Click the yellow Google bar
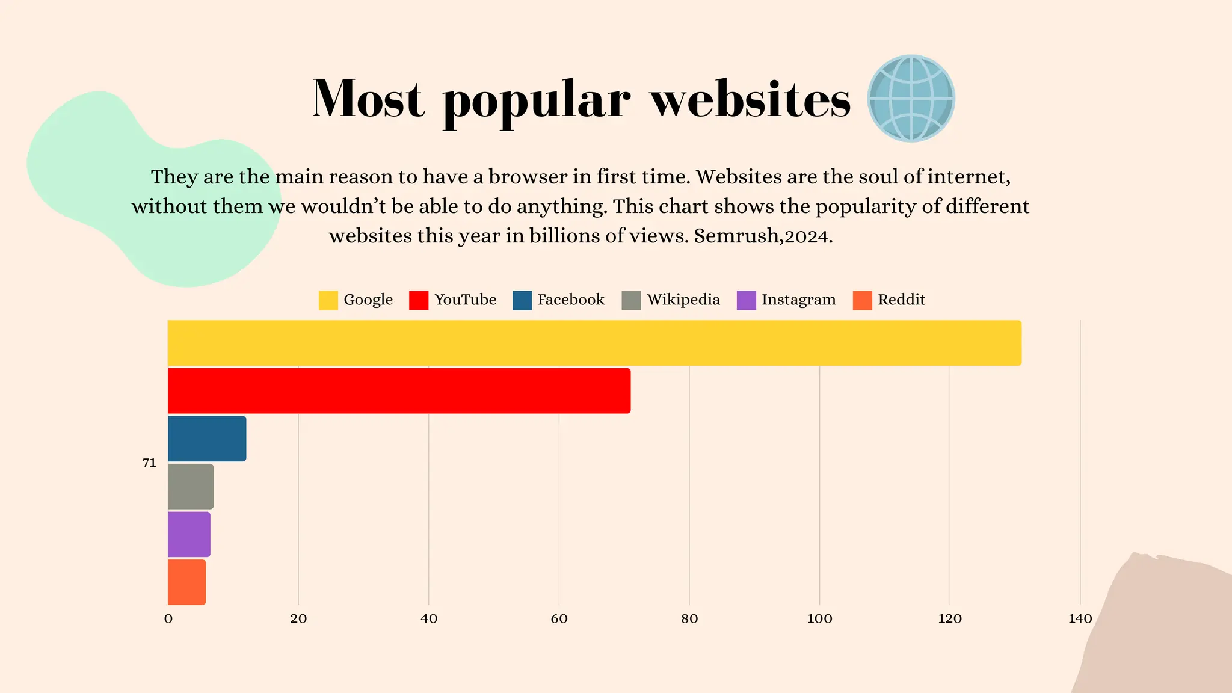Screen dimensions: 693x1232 click(x=594, y=343)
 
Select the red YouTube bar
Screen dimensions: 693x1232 click(x=399, y=391)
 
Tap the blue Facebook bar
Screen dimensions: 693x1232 click(x=207, y=439)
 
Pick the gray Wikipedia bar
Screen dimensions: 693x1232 click(x=191, y=487)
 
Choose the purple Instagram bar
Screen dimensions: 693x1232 click(x=189, y=534)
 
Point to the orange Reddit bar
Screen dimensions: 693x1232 click(x=186, y=582)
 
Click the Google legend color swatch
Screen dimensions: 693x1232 click(x=328, y=300)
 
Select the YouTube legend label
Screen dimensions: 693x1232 click(x=465, y=300)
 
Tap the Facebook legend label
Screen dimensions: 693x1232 click(x=570, y=300)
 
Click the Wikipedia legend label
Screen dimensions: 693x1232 click(x=683, y=300)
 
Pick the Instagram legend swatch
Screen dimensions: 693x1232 click(x=746, y=300)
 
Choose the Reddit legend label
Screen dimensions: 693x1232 click(x=901, y=300)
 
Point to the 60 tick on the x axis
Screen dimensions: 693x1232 click(x=559, y=619)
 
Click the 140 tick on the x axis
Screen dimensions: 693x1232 click(x=1080, y=619)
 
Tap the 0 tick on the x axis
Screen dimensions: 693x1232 click(x=168, y=619)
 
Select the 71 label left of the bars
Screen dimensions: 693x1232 click(x=149, y=463)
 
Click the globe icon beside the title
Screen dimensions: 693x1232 click(x=911, y=99)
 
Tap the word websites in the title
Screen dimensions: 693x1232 click(x=750, y=99)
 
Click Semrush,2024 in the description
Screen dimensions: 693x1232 click(x=763, y=236)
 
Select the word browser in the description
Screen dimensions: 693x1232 click(x=528, y=177)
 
